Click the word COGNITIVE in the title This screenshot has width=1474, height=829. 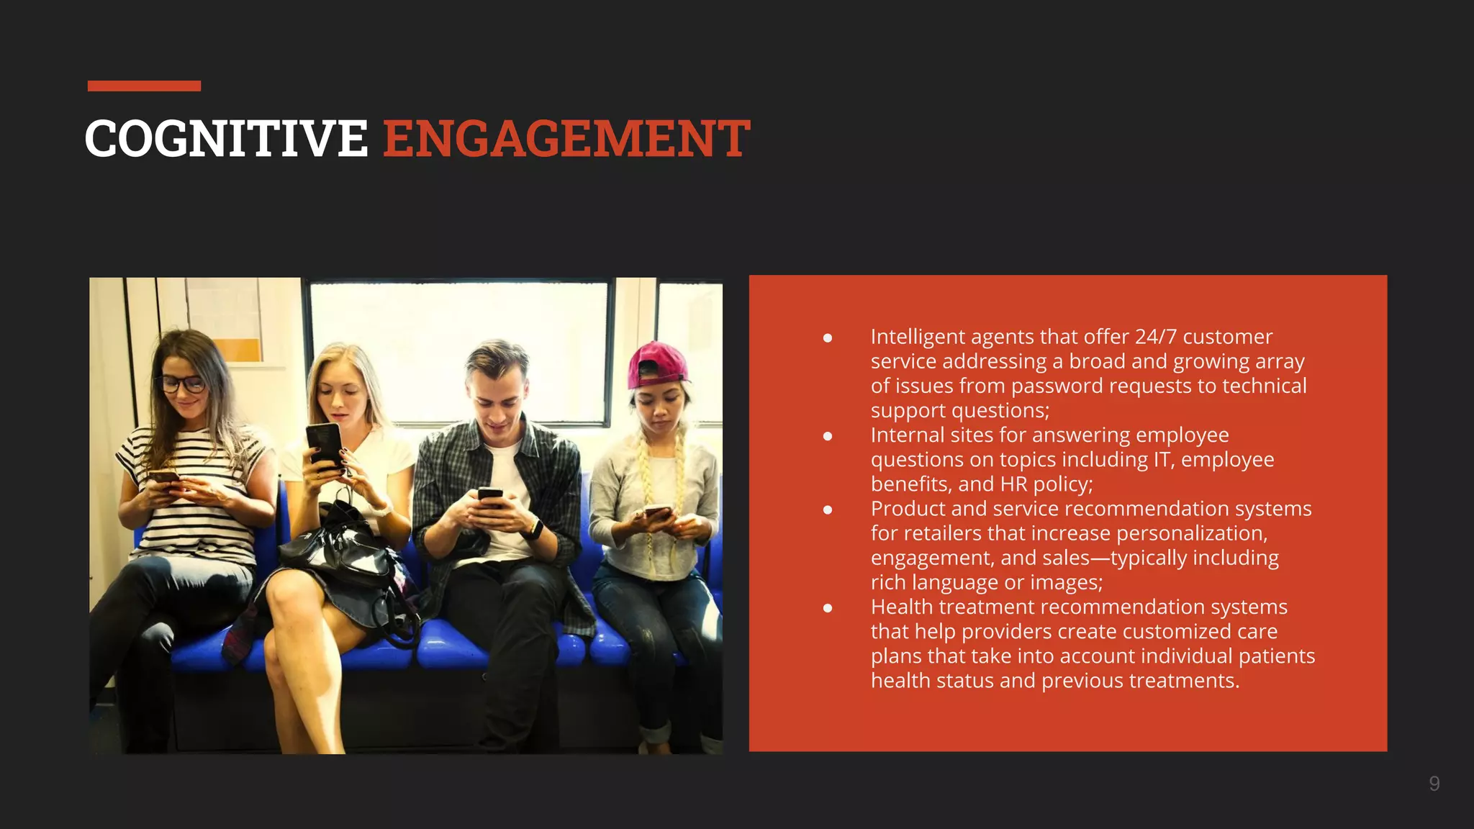click(226, 138)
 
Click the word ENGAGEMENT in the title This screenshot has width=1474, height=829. click(566, 138)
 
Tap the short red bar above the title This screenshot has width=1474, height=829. click(144, 86)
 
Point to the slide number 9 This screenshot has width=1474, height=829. click(1434, 784)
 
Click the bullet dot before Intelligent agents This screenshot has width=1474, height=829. click(828, 338)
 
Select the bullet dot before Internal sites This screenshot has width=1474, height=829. click(828, 436)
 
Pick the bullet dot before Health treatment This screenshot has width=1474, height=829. click(828, 608)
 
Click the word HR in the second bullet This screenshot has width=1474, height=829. click(1013, 484)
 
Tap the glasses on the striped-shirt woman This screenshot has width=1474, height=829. click(181, 384)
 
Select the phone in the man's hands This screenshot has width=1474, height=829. click(490, 496)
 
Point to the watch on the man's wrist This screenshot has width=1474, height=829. click(534, 529)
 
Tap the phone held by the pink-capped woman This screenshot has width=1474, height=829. click(657, 512)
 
